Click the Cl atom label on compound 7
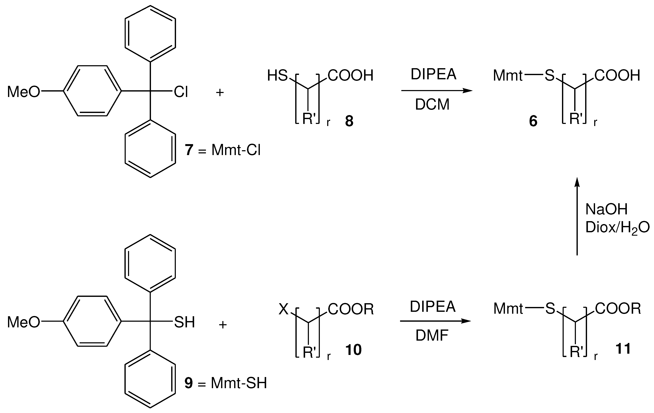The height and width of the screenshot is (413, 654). coord(181,92)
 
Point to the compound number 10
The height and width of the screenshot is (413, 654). coord(353,350)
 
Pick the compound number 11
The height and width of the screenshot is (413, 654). coord(623,349)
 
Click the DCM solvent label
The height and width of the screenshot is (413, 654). coord(432,105)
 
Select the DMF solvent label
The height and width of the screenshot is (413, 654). coord(432,336)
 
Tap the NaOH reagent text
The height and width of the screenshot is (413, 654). coord(606,209)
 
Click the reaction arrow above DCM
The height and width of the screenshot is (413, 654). coord(437,91)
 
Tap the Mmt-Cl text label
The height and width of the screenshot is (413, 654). coord(236,150)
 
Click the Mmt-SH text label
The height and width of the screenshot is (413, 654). coord(239,383)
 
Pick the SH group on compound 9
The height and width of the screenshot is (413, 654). coord(184,322)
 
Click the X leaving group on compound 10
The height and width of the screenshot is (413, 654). coord(284,309)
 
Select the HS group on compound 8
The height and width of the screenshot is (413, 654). coord(277,76)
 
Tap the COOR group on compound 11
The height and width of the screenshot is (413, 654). coord(618,308)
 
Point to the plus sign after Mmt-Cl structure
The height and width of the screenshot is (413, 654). coord(220,93)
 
